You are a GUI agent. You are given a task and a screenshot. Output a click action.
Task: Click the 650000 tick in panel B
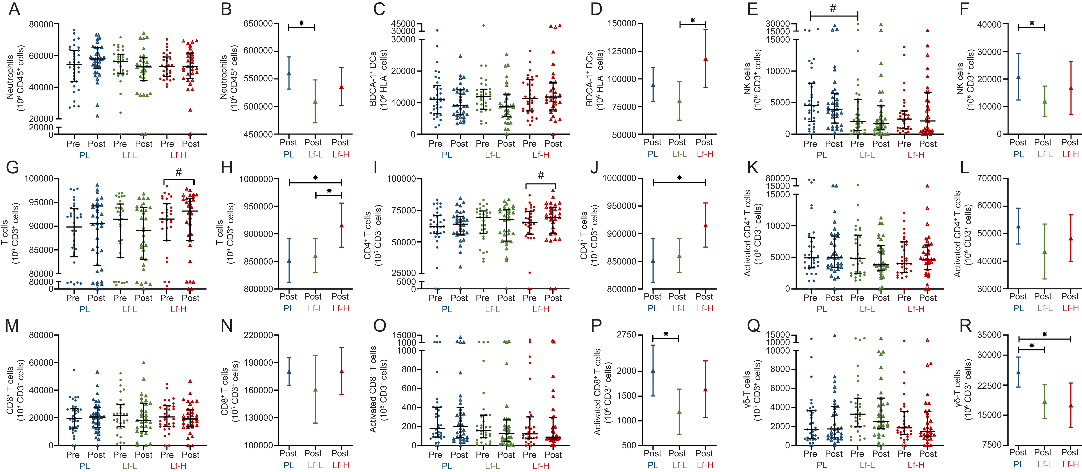coord(258,24)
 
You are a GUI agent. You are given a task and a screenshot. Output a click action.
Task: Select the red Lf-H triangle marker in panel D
coord(706,59)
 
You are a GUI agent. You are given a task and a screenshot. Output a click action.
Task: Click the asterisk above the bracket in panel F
coord(1032,24)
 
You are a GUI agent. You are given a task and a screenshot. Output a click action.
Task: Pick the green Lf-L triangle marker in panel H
coord(315,256)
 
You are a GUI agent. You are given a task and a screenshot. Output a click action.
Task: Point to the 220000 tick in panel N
coord(258,335)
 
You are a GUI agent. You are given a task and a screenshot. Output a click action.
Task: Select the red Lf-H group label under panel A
coord(179,155)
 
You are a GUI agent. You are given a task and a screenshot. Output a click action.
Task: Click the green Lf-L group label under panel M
coord(130,466)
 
